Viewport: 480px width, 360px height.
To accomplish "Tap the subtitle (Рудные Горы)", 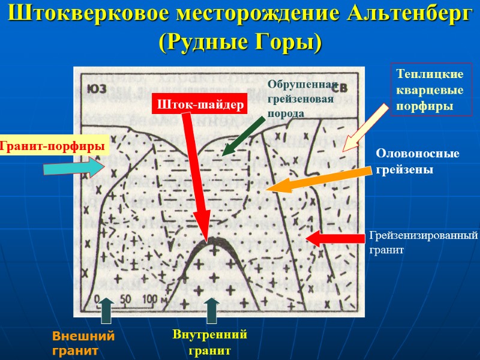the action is (x=240, y=42).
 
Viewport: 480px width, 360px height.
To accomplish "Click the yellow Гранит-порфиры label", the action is (x=53, y=145).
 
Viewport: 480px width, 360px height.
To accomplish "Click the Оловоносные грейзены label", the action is (x=418, y=162).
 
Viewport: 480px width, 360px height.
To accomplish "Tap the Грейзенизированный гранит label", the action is (x=424, y=242).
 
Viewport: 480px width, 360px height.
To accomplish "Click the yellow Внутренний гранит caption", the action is (x=210, y=343).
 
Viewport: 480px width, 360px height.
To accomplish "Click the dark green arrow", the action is (x=242, y=136).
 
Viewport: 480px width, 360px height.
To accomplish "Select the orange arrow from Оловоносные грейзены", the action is (x=318, y=180).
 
